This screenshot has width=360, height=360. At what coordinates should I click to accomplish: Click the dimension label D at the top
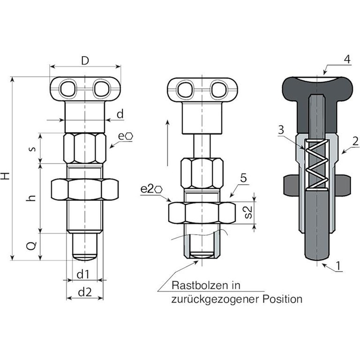[x=85, y=60]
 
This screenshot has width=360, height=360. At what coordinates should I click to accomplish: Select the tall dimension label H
[x=6, y=176]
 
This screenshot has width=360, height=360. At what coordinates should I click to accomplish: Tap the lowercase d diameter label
[x=120, y=114]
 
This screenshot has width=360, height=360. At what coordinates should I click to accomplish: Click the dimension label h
[x=32, y=197]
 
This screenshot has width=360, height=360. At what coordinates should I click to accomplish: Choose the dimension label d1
[x=84, y=273]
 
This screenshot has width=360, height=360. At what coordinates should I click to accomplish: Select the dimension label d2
[x=84, y=292]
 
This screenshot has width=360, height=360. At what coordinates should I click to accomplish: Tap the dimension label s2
[x=249, y=211]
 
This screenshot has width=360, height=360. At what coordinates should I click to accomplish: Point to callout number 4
[x=346, y=60]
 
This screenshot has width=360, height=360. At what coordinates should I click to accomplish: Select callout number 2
[x=355, y=140]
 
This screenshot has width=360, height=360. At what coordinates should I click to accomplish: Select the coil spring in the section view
[x=316, y=164]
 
